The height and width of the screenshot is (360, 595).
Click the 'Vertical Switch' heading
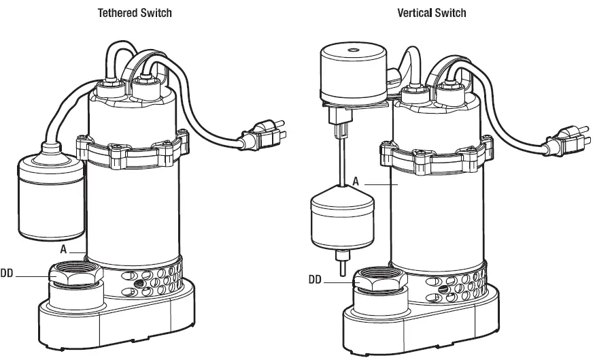click(x=431, y=13)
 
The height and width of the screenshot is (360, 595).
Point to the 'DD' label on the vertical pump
click(x=315, y=278)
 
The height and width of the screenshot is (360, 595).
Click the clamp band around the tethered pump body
click(x=133, y=151)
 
